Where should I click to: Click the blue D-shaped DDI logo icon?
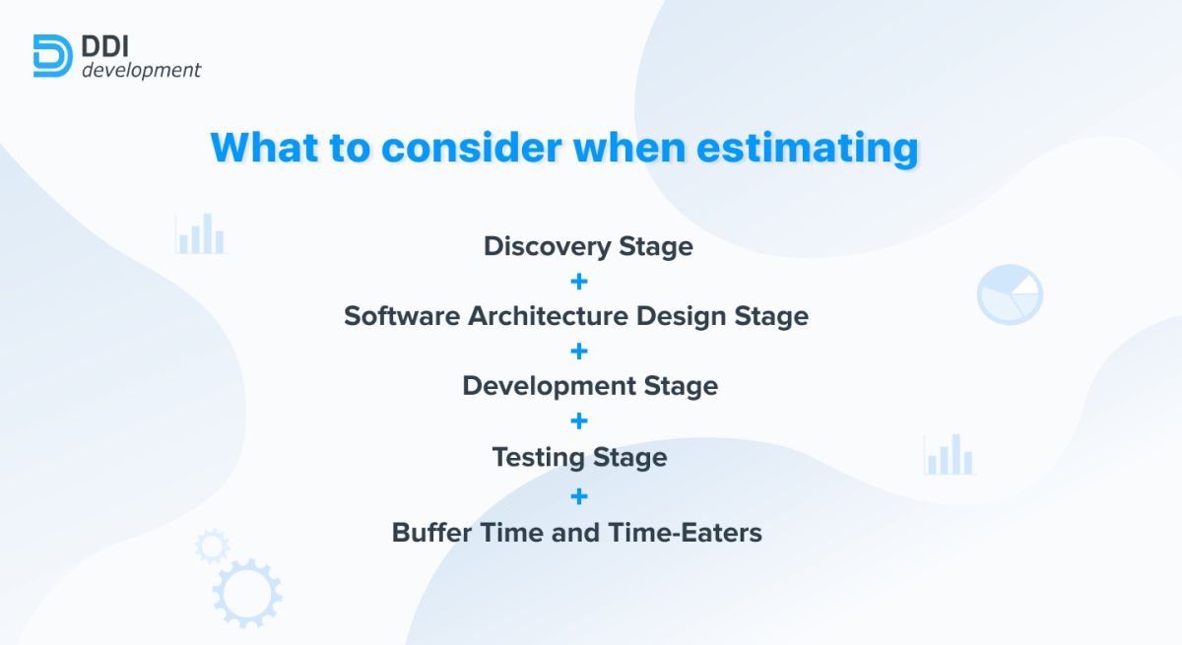(x=53, y=56)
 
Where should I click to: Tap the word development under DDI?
(x=142, y=70)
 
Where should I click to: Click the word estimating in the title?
(x=808, y=148)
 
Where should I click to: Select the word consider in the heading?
(x=472, y=147)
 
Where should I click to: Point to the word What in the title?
(x=264, y=147)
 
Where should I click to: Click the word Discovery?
(x=548, y=247)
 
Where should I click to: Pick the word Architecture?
(x=549, y=316)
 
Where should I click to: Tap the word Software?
(x=402, y=316)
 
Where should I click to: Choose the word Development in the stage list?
(x=549, y=387)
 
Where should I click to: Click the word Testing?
(x=538, y=458)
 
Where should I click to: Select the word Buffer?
(x=431, y=533)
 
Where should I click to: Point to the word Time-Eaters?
(x=685, y=533)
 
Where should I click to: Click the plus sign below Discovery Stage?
(x=579, y=281)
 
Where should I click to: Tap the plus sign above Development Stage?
(x=579, y=352)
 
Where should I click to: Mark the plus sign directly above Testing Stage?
(x=579, y=420)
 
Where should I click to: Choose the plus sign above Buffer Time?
(x=579, y=496)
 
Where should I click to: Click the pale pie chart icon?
(x=1010, y=294)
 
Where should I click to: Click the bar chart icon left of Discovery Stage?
(x=201, y=233)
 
